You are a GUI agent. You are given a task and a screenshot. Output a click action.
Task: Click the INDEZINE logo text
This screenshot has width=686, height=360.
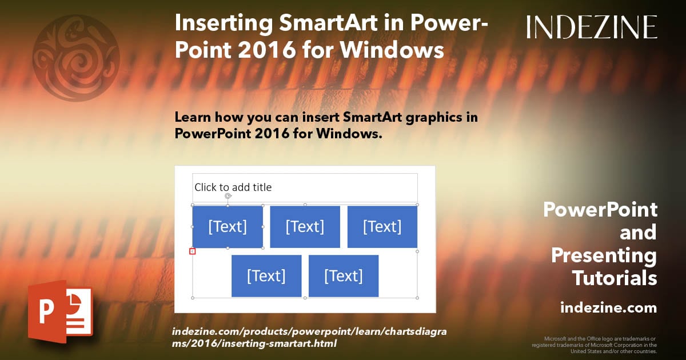[592, 27]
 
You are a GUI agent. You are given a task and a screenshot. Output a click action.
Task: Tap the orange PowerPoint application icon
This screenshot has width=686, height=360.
[61, 311]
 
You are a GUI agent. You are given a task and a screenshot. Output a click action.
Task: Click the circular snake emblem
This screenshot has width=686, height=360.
[76, 58]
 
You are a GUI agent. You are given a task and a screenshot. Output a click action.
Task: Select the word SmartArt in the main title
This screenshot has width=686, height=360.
[328, 23]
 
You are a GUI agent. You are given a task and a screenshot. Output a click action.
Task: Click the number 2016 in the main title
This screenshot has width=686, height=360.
[267, 50]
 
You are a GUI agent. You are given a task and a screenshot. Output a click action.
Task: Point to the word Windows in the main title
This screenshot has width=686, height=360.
[392, 50]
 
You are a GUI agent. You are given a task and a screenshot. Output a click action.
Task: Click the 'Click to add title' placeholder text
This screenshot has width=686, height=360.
[233, 187]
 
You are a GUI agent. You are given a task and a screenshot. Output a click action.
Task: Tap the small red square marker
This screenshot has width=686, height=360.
[192, 251]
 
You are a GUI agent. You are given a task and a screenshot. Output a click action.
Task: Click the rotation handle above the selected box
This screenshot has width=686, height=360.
[228, 196]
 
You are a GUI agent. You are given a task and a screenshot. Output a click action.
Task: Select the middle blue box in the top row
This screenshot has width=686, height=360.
[305, 227]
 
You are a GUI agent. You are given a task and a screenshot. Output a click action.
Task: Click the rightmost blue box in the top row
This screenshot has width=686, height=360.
[382, 227]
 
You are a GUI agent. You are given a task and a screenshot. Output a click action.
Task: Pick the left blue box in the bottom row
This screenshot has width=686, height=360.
[266, 276]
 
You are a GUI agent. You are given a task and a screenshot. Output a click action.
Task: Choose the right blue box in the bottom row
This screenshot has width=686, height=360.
[344, 276]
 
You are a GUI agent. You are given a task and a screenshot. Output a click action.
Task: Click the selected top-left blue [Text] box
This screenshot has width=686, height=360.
[228, 227]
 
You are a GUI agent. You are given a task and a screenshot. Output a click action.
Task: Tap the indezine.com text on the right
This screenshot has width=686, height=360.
[608, 307]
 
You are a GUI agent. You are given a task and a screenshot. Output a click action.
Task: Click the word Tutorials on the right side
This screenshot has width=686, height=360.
[615, 278]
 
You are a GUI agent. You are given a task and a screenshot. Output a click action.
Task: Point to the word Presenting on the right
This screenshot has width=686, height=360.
[604, 255]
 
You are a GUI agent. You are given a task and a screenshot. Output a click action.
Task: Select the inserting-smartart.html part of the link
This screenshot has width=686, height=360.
[279, 343]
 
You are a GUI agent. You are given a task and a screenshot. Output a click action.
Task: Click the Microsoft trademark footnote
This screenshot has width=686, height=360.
[595, 345]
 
